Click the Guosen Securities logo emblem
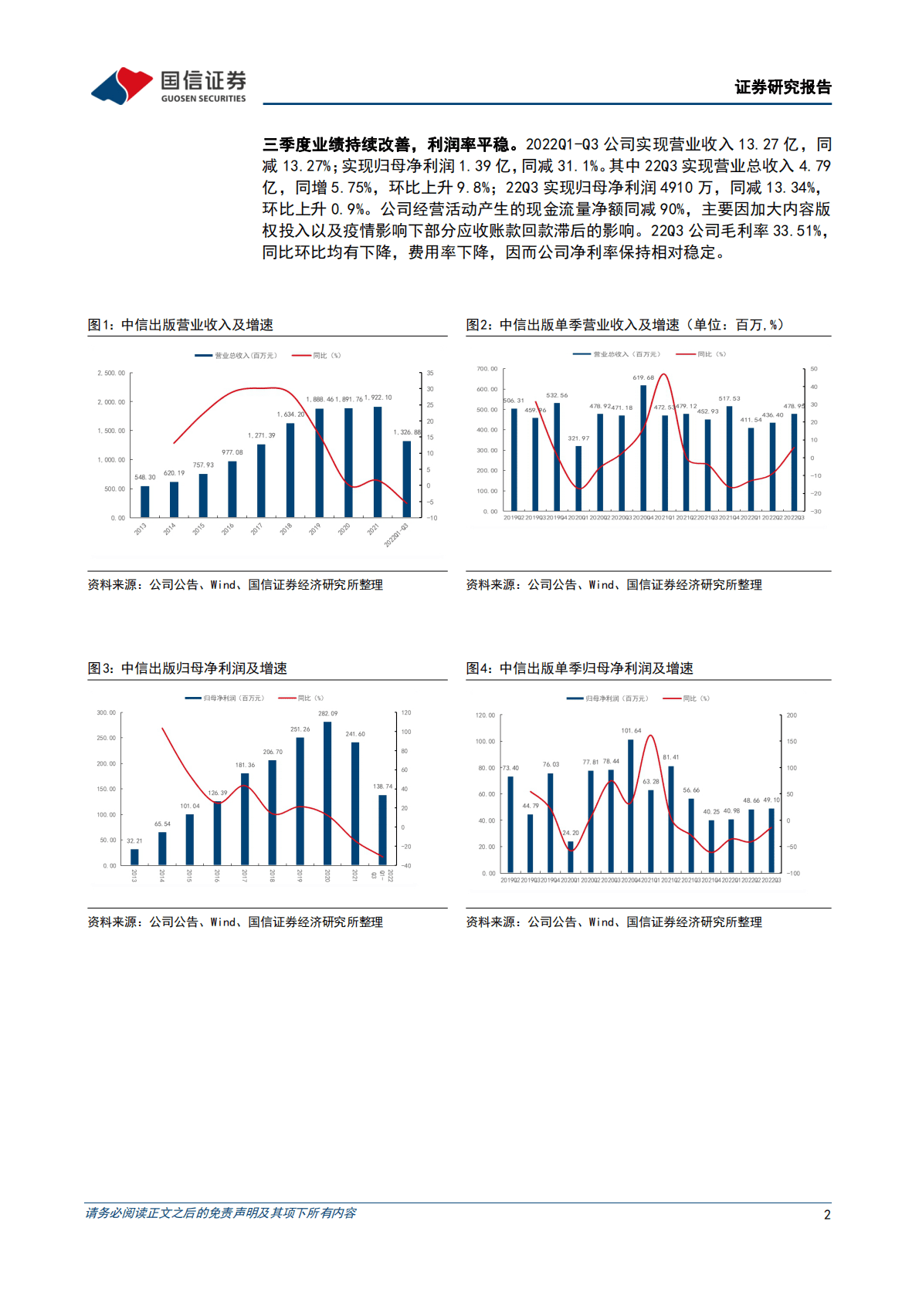pos(122,85)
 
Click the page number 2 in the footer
pos(827,1215)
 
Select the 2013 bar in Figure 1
pos(145,501)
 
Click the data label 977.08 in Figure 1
pos(232,452)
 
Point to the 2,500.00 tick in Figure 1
pos(111,374)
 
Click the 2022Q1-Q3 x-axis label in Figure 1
pos(396,535)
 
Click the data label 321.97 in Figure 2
pos(578,438)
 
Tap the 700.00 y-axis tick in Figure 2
pos(487,369)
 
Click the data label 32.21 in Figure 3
pos(134,841)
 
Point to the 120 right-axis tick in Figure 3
pos(406,713)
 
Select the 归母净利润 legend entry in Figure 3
pos(225,699)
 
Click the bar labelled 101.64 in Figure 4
pos(631,806)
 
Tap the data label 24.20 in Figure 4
pos(571,833)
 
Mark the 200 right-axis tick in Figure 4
pos(792,715)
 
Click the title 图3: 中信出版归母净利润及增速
pos(188,668)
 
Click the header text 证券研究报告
pos(783,87)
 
